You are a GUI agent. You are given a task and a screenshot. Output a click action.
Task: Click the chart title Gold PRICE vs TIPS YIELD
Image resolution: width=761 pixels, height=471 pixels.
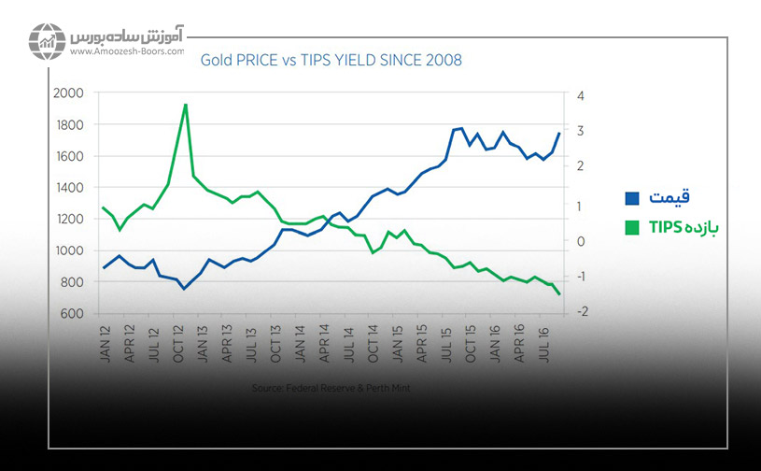pos(331,60)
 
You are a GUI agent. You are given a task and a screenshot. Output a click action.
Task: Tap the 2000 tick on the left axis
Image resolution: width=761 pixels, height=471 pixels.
pos(70,93)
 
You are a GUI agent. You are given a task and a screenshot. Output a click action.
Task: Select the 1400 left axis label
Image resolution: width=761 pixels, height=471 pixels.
pos(70,188)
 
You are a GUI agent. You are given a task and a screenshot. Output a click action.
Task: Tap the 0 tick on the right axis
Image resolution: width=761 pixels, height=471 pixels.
pos(581,240)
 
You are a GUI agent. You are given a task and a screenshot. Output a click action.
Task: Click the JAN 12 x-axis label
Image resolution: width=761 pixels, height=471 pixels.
pos(104,338)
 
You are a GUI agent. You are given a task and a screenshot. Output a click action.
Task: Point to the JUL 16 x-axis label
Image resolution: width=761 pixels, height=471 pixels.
pos(543,338)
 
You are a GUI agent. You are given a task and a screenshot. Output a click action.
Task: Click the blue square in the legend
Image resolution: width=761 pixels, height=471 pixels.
pos(632,198)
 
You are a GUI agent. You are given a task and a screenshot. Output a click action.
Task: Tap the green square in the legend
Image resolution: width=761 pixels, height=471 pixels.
pos(632,227)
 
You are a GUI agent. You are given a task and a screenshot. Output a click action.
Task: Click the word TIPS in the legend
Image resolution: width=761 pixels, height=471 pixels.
pos(664,227)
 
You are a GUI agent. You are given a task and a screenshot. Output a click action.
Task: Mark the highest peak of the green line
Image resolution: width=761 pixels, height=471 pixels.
pos(186,105)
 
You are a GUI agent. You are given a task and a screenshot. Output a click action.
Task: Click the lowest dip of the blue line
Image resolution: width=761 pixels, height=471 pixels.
pos(184,289)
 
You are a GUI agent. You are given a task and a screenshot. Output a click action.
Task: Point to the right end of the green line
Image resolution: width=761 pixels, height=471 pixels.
pos(559,295)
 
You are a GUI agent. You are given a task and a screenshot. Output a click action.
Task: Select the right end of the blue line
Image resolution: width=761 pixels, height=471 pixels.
pos(559,134)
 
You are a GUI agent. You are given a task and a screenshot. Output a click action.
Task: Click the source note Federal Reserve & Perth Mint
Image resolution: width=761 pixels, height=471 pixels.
pos(331,386)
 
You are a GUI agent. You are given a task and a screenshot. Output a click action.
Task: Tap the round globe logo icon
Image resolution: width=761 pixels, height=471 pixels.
pos(47,42)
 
